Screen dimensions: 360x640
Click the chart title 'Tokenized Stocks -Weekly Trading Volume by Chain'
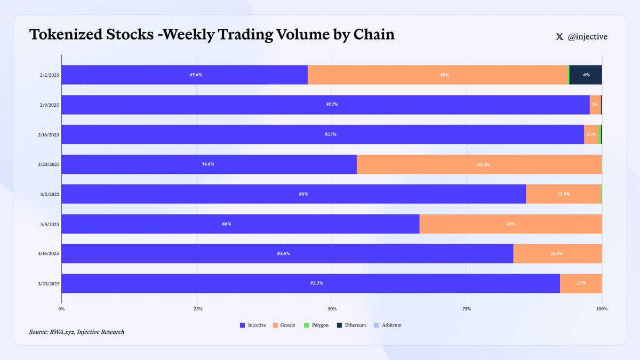pyautogui.click(x=212, y=35)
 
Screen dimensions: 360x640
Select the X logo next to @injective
pyautogui.click(x=559, y=37)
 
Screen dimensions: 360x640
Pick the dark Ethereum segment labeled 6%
pyautogui.click(x=586, y=75)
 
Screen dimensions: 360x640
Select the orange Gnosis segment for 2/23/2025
pyautogui.click(x=479, y=164)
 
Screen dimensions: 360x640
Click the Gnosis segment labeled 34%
pyautogui.click(x=510, y=224)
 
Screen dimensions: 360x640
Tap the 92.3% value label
pyautogui.click(x=316, y=283)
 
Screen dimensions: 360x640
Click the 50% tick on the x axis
pyautogui.click(x=332, y=309)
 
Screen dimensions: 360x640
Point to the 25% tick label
pyautogui.click(x=197, y=309)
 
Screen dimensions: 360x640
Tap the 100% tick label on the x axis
pyautogui.click(x=602, y=309)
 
